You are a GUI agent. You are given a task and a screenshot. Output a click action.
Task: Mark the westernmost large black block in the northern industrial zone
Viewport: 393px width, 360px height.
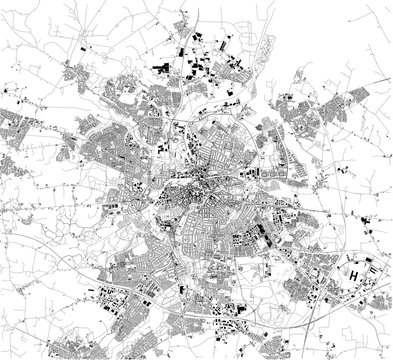[x=160, y=68]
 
